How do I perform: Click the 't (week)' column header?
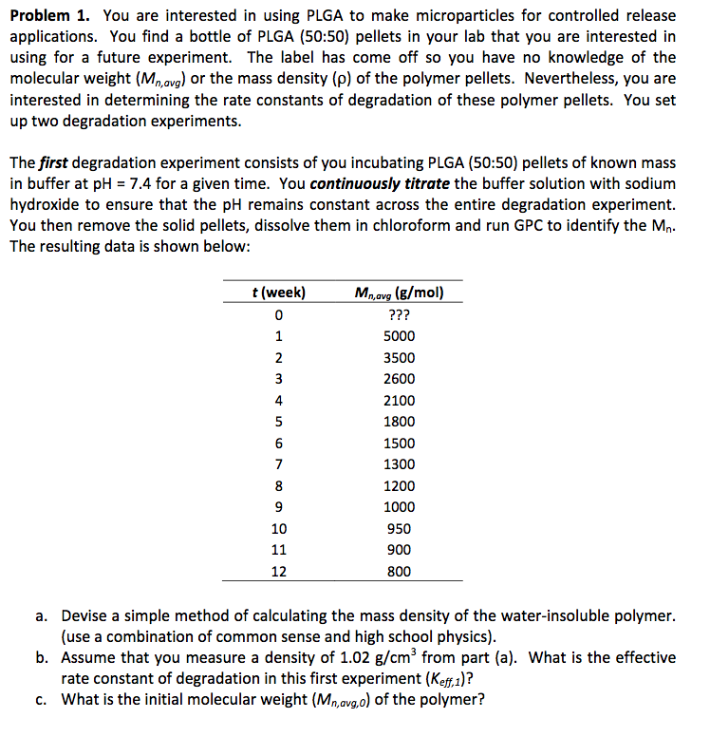(278, 293)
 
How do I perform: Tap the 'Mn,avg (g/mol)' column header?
(399, 293)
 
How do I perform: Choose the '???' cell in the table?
(399, 314)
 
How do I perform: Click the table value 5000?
(399, 336)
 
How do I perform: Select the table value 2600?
(399, 379)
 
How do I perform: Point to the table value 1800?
(399, 422)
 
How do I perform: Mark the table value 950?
(399, 529)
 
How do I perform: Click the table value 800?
(399, 572)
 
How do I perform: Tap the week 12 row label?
(278, 572)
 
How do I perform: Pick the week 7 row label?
(278, 464)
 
